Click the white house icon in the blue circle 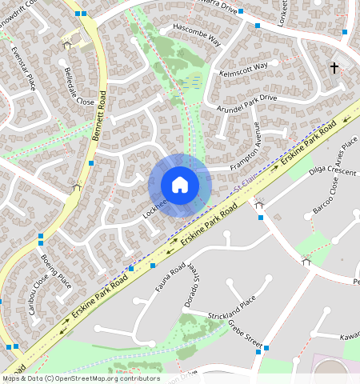point(180,185)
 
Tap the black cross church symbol point(334,69)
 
